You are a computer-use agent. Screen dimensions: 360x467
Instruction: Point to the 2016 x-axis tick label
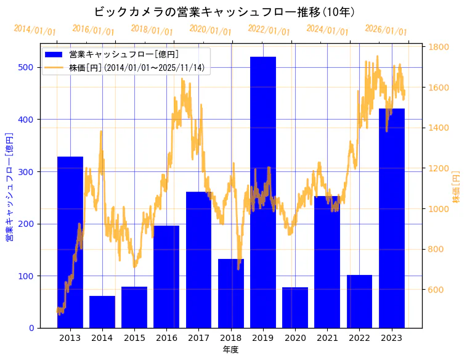[x=166, y=338]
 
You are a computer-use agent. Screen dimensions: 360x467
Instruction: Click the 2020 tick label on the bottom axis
[x=295, y=338]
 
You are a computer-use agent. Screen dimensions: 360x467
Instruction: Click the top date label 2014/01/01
[x=35, y=30]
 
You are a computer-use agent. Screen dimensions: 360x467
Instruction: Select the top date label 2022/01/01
[x=269, y=30]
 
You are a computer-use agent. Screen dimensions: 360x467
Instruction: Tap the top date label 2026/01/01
[x=386, y=30]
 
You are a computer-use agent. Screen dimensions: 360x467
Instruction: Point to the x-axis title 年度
[x=230, y=350]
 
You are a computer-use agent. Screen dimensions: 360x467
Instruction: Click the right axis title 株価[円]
[x=457, y=187]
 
